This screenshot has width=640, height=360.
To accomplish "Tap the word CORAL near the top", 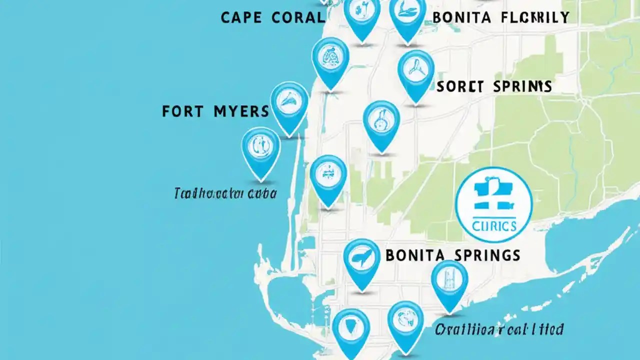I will (x=298, y=17).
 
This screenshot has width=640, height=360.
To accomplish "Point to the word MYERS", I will (x=242, y=111).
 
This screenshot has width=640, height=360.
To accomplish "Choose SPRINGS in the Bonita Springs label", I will (x=488, y=255).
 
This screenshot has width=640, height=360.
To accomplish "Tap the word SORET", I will (x=459, y=86).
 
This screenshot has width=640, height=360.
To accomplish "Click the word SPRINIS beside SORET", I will (x=522, y=86).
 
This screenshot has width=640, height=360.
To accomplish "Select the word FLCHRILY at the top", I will (x=534, y=18).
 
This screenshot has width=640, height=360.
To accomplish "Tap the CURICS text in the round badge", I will (x=494, y=226).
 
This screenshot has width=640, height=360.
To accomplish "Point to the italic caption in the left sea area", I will (x=225, y=193).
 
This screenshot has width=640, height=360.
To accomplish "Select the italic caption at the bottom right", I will (x=499, y=329).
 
